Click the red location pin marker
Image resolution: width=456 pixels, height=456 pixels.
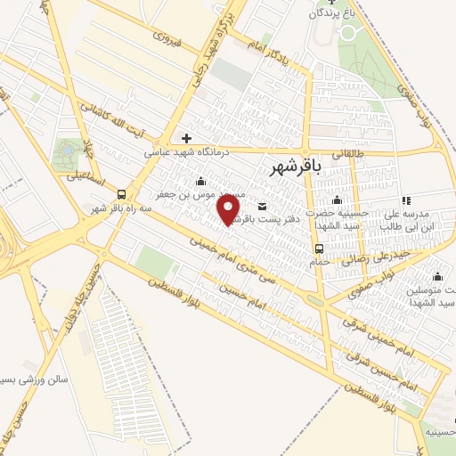point(229,209)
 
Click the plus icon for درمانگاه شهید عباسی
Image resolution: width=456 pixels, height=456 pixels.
point(186,138)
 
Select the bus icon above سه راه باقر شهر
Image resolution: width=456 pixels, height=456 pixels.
point(121,194)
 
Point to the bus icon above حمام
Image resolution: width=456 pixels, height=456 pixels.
point(319,248)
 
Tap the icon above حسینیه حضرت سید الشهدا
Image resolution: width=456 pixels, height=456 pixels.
point(337,199)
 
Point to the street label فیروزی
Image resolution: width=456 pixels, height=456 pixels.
point(167,37)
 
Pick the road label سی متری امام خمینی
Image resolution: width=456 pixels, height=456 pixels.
point(239,260)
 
